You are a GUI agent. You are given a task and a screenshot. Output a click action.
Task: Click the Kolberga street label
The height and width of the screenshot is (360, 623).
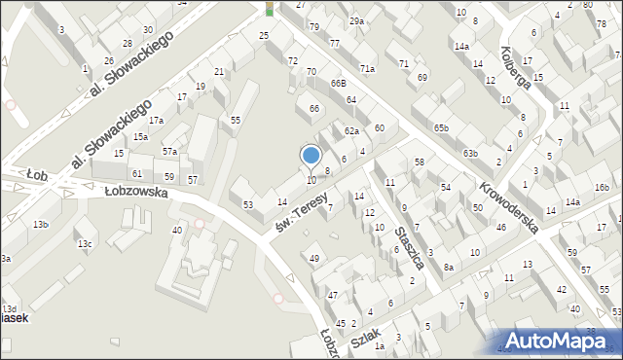(x=517, y=68)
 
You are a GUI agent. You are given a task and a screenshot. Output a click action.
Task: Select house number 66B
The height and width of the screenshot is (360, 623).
(x=338, y=84)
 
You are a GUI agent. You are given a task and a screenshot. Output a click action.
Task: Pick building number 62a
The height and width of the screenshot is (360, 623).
(x=351, y=130)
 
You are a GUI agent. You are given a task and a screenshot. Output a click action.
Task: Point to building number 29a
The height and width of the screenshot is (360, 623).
(x=357, y=21)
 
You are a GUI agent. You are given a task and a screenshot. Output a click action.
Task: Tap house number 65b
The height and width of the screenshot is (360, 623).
(x=442, y=127)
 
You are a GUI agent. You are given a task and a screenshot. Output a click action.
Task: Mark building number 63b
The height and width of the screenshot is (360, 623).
(x=471, y=154)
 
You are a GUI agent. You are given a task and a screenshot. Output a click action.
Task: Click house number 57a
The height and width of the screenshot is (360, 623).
(x=169, y=151)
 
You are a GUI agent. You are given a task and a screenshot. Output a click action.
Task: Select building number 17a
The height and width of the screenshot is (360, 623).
(x=156, y=120)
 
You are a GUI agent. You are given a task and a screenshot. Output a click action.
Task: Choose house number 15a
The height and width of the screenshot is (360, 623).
(x=140, y=137)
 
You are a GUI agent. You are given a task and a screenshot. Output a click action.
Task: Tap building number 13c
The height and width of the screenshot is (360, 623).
(x=85, y=243)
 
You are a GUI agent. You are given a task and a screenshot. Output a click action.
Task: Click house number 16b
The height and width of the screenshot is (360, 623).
(x=602, y=187)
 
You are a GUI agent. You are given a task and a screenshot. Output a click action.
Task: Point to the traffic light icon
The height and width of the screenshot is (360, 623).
(x=270, y=9)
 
